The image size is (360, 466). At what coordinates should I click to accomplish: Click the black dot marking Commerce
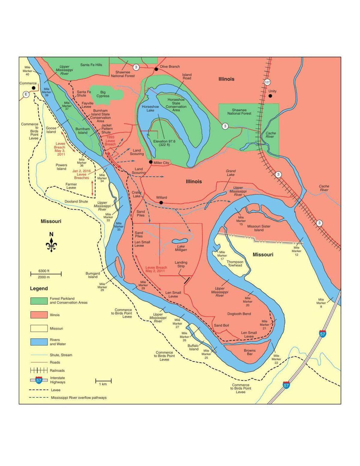34,88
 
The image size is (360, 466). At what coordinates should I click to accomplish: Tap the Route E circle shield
26,94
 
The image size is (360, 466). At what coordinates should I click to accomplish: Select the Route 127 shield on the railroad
268,82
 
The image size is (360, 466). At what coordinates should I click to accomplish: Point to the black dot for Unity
270,96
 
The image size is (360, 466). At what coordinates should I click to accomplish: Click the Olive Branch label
169,67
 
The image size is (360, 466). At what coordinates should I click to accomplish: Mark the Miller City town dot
151,162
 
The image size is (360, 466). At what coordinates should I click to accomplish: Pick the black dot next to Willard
161,203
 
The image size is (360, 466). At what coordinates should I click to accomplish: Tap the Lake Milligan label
181,248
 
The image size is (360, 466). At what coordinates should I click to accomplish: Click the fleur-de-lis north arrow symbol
51,245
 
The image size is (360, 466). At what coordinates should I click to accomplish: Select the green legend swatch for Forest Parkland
39,301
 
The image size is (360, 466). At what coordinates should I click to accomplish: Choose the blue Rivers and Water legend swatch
39,342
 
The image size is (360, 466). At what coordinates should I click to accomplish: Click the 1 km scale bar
103,381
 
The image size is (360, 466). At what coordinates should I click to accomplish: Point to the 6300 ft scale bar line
46,274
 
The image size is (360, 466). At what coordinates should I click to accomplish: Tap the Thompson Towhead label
235,264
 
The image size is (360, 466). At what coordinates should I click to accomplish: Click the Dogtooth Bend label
239,314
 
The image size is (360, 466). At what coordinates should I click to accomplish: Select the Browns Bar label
250,352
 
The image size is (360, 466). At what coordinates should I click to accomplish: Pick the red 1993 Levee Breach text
110,141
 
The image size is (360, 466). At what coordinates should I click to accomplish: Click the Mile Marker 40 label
27,71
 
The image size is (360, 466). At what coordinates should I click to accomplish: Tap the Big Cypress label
103,94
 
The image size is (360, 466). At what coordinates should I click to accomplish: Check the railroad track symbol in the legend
39,370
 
